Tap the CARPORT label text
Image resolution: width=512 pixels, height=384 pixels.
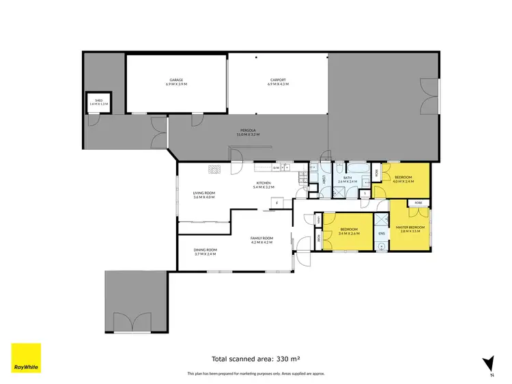pos(278,80)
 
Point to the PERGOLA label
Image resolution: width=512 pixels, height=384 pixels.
pos(248,130)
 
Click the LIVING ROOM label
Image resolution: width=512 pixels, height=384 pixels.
pos(204,193)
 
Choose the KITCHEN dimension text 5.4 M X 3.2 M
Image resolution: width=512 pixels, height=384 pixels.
pos(264,187)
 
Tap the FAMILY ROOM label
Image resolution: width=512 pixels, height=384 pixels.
pos(261,238)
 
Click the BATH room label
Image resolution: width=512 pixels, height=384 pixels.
pos(347,178)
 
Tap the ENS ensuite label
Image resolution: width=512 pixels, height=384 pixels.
pos(382,234)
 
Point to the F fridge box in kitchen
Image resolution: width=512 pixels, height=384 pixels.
pos(278,202)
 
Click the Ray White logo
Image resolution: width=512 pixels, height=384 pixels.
pos(26,357)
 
